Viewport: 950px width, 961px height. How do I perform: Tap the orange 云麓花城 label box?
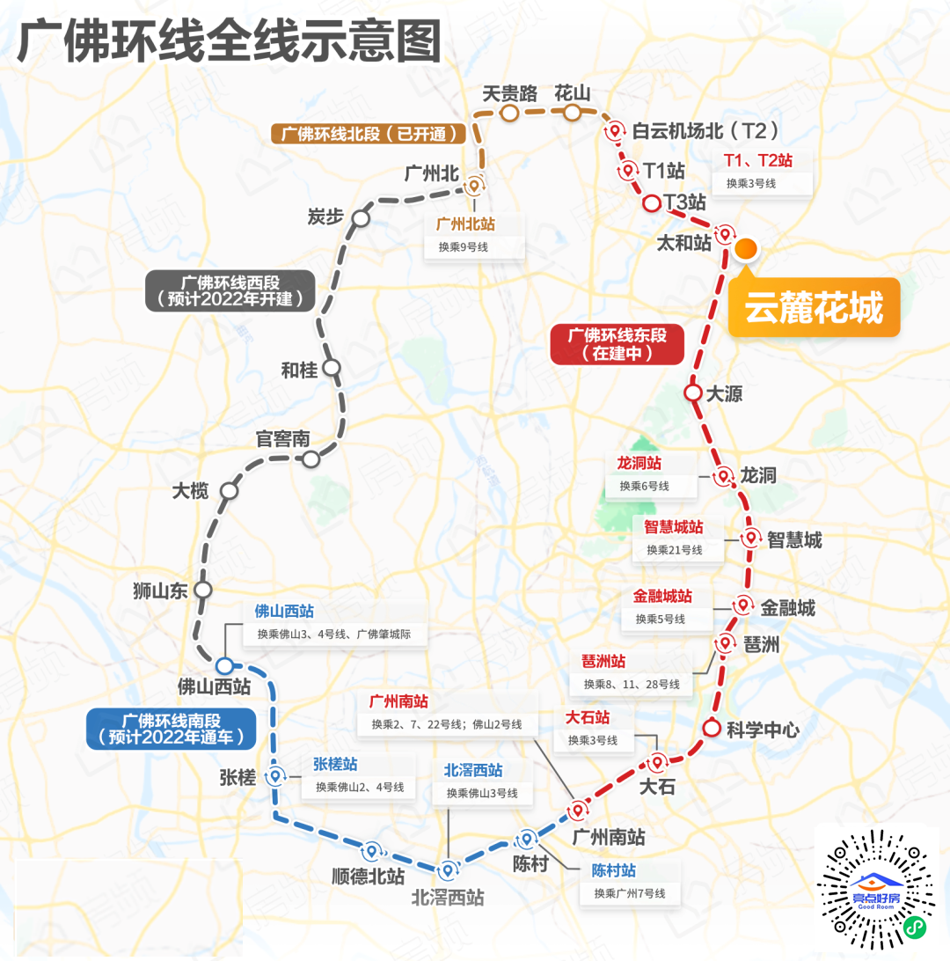(x=814, y=308)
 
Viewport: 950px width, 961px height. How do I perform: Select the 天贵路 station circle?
(x=508, y=113)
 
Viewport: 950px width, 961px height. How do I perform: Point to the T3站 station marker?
(x=652, y=203)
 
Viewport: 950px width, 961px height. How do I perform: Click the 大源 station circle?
(x=692, y=392)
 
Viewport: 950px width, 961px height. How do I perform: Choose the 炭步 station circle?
(x=360, y=217)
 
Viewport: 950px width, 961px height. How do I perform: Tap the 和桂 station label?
(x=298, y=370)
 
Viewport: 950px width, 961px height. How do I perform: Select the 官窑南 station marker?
(x=311, y=458)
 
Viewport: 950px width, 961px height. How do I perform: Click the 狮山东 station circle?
(x=204, y=589)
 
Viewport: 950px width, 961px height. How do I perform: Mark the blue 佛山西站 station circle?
(x=224, y=665)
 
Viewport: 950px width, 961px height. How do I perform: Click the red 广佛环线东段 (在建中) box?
(x=617, y=345)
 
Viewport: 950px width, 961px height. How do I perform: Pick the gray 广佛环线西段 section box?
(x=230, y=290)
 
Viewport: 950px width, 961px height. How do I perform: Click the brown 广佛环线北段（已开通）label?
(x=369, y=134)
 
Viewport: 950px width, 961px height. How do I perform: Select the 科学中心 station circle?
(x=712, y=729)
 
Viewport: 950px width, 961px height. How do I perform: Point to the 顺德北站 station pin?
(x=370, y=851)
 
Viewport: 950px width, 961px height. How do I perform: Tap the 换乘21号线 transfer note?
(x=675, y=550)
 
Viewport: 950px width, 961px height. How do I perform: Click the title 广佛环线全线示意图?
(x=229, y=41)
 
